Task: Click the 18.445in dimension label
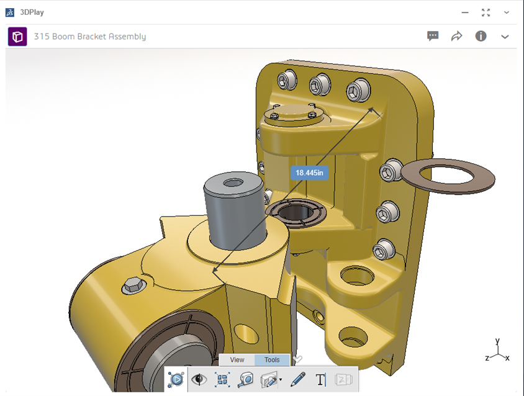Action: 309,173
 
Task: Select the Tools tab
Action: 272,360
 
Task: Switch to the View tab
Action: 237,360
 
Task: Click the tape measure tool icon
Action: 246,379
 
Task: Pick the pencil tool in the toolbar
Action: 298,379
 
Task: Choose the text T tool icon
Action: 321,379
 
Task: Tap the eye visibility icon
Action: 199,379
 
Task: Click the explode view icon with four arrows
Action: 222,379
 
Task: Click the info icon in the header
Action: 481,36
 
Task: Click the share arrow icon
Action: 457,36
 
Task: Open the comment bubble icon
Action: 433,36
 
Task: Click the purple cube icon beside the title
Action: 17,37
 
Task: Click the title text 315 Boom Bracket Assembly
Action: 90,37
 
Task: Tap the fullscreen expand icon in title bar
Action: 486,12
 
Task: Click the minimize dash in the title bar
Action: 464,12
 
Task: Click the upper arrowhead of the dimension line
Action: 374,110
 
